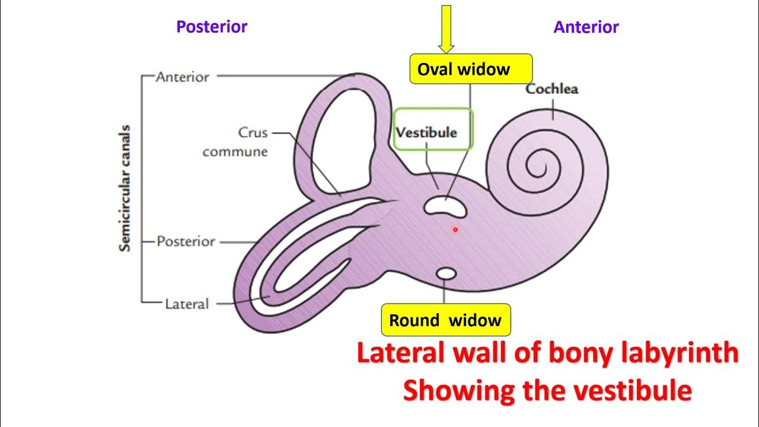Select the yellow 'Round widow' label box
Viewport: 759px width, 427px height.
(x=445, y=320)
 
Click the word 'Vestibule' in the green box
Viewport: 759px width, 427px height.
(x=426, y=132)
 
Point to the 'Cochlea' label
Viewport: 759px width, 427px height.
(x=551, y=90)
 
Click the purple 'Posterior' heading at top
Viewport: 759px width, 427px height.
(x=212, y=27)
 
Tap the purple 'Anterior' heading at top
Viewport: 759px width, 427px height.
(x=586, y=27)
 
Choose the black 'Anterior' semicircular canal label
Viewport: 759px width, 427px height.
(x=182, y=77)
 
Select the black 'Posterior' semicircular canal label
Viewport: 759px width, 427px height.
(x=186, y=242)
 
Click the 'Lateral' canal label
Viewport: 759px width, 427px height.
(x=187, y=304)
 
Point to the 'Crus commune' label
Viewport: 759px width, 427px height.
(x=235, y=142)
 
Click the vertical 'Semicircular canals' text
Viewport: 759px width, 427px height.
(x=125, y=188)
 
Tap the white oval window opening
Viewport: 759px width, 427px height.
(x=445, y=206)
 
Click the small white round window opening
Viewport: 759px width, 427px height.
(x=446, y=274)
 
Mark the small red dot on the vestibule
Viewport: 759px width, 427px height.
(x=455, y=230)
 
